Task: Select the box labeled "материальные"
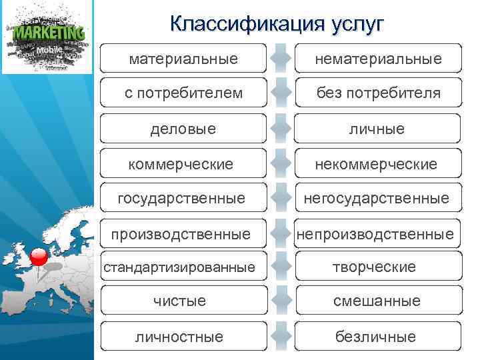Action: point(183,59)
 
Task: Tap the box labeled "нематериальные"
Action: point(378,59)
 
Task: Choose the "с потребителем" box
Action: point(183,93)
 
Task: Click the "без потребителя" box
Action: point(378,93)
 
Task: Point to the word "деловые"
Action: point(183,129)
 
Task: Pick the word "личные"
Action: point(378,129)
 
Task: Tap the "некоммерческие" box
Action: point(378,163)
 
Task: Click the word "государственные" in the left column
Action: point(181,198)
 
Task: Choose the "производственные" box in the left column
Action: point(181,234)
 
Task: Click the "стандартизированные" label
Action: point(178,267)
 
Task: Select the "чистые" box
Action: point(183,301)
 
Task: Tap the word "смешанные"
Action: point(377,301)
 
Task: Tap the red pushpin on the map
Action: point(39,257)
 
